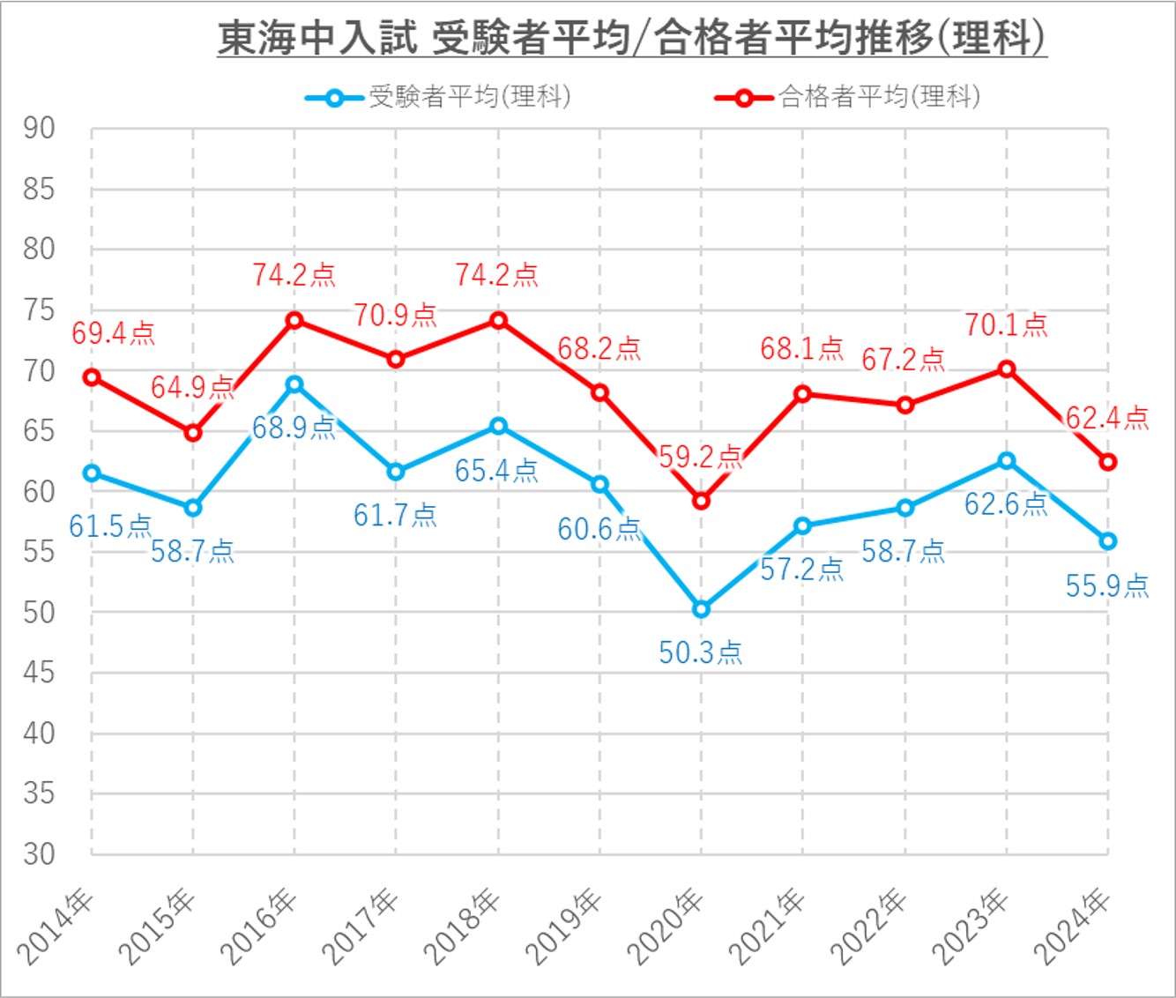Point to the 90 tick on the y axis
pyautogui.click(x=39, y=129)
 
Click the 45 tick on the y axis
pyautogui.click(x=39, y=673)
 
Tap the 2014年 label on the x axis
pyautogui.click(x=57, y=927)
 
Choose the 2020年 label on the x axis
pyautogui.click(x=667, y=927)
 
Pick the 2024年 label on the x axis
pyautogui.click(x=1074, y=927)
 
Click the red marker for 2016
pyautogui.click(x=294, y=320)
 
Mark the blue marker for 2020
pyautogui.click(x=702, y=609)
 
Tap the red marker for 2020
pyautogui.click(x=702, y=501)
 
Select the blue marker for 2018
pyautogui.click(x=498, y=426)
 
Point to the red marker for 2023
pyautogui.click(x=1007, y=369)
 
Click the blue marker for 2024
pyautogui.click(x=1108, y=541)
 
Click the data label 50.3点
pyautogui.click(x=701, y=652)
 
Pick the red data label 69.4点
pyautogui.click(x=113, y=333)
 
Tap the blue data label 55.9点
pyautogui.click(x=1107, y=585)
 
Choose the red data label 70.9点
pyautogui.click(x=396, y=315)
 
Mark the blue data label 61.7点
pyautogui.click(x=395, y=515)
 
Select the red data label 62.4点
pyautogui.click(x=1107, y=418)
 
